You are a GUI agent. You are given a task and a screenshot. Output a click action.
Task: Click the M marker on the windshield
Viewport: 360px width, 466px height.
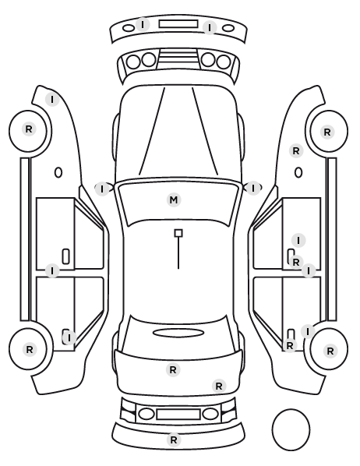click(174, 199)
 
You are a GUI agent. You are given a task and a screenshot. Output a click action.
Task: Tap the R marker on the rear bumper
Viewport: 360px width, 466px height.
click(174, 440)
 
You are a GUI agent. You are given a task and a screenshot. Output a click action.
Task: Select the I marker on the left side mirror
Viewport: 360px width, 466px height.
click(102, 189)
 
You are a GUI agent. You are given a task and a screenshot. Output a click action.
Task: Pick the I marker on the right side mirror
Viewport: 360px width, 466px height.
click(253, 189)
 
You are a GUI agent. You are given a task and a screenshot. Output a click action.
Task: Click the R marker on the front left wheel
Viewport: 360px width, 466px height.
click(29, 129)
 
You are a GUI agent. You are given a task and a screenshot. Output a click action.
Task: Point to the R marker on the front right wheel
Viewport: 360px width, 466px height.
click(327, 132)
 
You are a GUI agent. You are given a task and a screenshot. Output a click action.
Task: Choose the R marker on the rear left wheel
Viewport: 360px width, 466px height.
click(30, 349)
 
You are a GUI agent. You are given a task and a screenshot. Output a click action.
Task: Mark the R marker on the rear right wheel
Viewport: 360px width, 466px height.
click(330, 351)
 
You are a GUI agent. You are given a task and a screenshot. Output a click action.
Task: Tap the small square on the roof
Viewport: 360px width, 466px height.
click(178, 233)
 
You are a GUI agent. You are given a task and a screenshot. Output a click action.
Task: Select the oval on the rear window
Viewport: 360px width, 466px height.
click(178, 333)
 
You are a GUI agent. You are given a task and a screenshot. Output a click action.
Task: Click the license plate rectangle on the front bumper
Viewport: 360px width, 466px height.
click(178, 24)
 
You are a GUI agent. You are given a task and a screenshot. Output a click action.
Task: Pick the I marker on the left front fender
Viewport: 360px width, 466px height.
click(52, 100)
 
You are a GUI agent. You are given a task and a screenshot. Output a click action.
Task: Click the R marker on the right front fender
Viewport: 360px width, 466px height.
click(296, 151)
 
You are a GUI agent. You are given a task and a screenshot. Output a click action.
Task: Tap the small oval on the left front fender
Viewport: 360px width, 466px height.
click(58, 172)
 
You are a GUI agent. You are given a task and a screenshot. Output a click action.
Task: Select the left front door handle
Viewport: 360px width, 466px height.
click(65, 256)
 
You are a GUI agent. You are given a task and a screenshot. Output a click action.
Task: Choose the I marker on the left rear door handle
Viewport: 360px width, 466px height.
click(69, 337)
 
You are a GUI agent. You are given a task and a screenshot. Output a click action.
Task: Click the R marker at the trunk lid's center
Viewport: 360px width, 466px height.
click(173, 370)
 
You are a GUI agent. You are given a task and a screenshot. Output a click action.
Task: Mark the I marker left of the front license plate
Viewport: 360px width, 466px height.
click(143, 24)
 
